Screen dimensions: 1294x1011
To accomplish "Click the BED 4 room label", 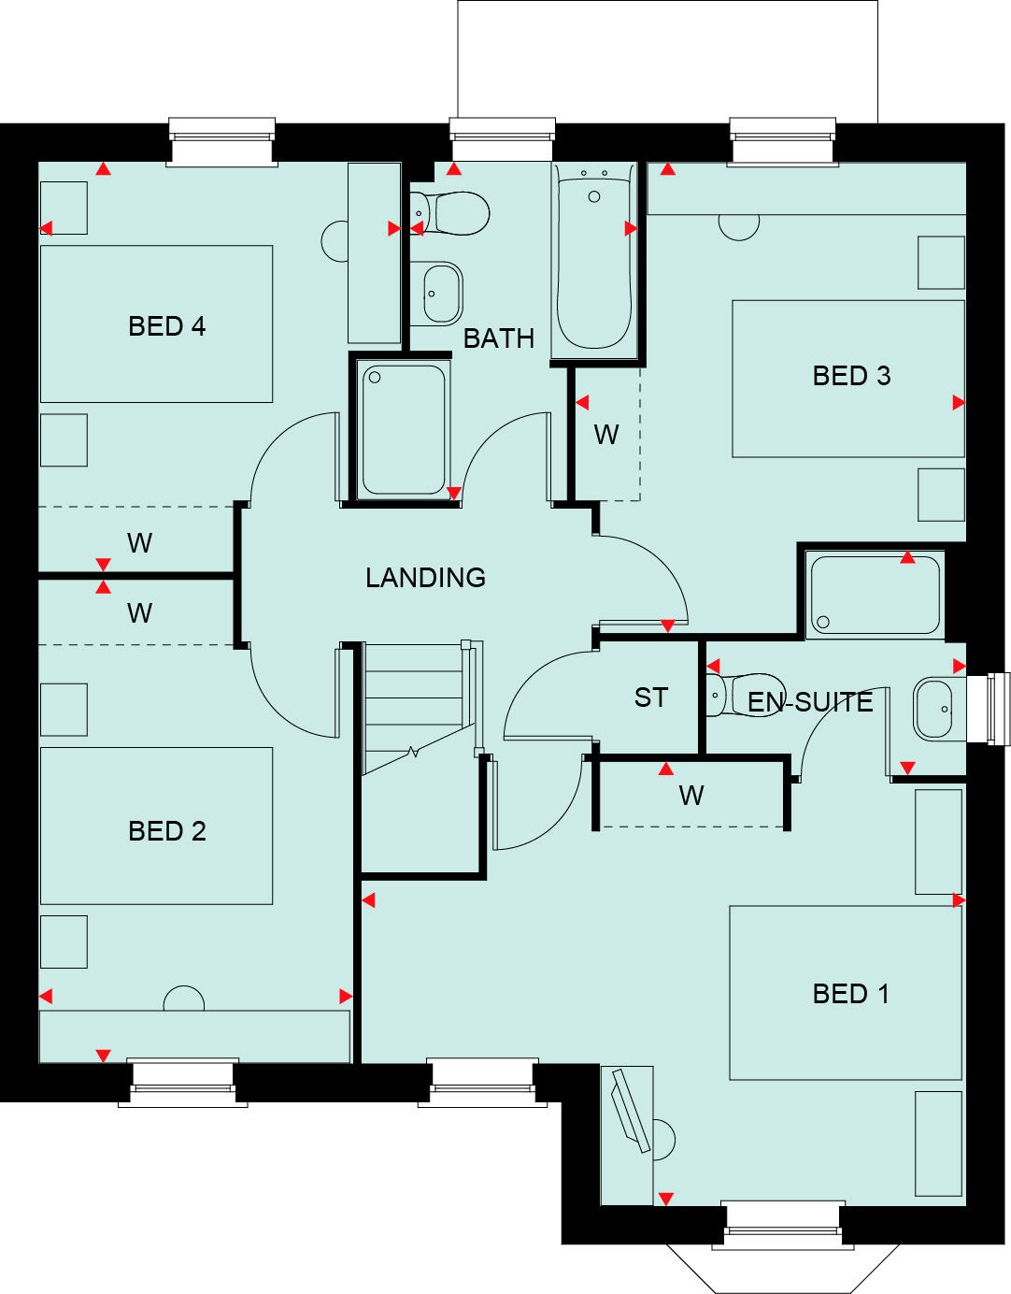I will point(166,326).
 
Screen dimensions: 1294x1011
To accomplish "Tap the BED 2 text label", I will point(166,831).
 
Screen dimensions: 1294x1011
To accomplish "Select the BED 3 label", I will point(851,376).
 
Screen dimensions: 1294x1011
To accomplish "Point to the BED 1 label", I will point(850,994).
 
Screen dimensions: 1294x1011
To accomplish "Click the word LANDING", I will point(425,578).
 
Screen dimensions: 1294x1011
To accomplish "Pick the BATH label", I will point(499,338).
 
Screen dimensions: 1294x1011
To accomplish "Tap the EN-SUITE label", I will point(810,702).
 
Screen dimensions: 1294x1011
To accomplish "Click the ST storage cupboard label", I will point(651,697).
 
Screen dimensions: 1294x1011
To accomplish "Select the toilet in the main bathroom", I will point(454,213).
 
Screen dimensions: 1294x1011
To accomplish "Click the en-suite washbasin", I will point(934,709).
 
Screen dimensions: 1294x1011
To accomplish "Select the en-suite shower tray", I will point(875,595).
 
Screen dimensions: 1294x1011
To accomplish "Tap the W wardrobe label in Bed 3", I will point(606,435).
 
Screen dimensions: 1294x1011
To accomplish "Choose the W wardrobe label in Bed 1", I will point(691,796).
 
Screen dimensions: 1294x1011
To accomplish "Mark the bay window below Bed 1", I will point(783,1258).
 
